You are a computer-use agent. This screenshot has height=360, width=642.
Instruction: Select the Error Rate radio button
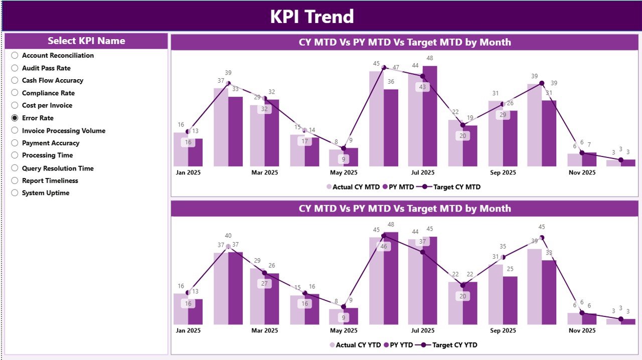(x=15, y=118)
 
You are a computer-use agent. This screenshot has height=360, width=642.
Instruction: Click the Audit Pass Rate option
(x=46, y=68)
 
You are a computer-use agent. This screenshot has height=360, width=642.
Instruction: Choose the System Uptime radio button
(x=15, y=193)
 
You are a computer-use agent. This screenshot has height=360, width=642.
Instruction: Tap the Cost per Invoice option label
(x=47, y=105)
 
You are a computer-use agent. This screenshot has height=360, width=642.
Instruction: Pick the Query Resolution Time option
(x=58, y=168)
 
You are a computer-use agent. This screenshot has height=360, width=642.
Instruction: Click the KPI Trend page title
(x=312, y=17)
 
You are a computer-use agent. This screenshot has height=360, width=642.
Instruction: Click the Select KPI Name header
(x=86, y=41)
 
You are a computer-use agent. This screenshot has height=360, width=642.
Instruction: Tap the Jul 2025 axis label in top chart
(x=422, y=172)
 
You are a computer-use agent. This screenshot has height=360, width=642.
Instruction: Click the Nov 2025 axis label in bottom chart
(x=582, y=330)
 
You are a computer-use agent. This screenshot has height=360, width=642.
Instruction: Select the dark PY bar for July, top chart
(x=430, y=116)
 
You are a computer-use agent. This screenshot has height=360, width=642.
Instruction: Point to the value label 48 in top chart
(x=430, y=58)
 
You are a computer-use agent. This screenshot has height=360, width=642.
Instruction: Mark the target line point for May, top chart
(x=344, y=148)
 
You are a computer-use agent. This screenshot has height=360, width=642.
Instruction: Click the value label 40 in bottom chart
(x=228, y=236)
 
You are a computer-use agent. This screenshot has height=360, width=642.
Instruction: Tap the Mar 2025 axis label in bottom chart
(x=264, y=330)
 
